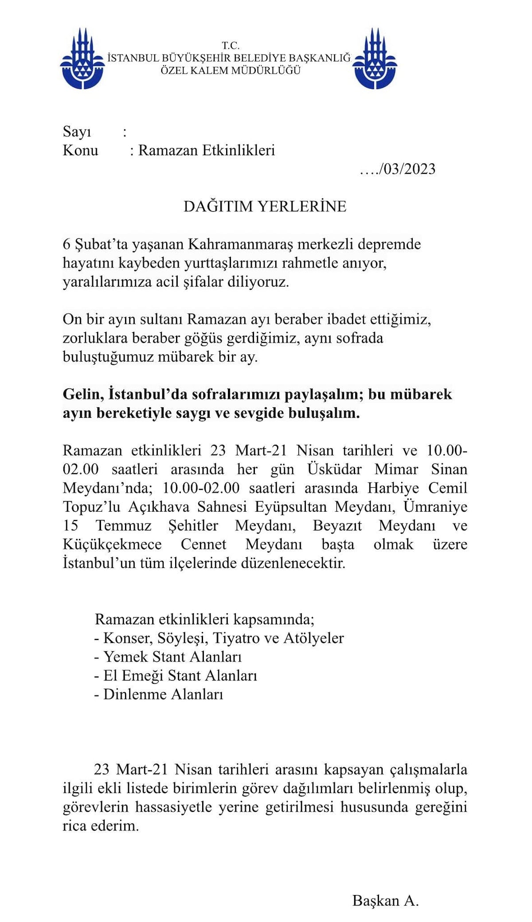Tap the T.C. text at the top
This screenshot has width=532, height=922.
point(231,46)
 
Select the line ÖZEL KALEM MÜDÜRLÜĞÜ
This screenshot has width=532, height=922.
point(231,70)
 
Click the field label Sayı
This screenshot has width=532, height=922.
point(77,132)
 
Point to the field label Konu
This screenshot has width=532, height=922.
point(80,150)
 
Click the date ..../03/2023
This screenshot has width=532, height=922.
point(398,169)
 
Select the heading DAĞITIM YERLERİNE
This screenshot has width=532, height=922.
point(265,206)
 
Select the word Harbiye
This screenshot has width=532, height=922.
point(393,488)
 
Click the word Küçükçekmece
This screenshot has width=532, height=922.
point(112,544)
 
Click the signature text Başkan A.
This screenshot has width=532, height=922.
point(385,901)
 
